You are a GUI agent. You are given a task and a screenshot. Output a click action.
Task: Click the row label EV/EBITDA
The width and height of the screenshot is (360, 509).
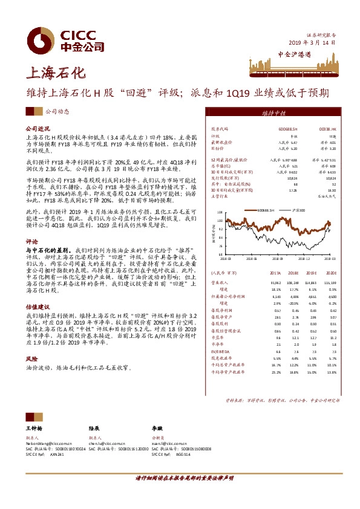coord(220,351)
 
